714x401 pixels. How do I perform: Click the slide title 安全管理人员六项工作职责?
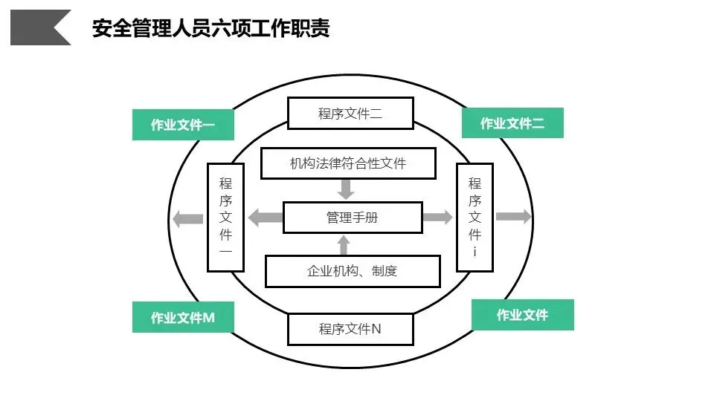[210, 28]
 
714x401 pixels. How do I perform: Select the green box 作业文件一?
[183, 125]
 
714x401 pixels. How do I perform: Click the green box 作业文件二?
[512, 123]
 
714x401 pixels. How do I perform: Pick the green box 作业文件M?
[183, 318]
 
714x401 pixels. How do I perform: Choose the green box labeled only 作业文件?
[523, 315]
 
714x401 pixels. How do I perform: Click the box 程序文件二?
[350, 114]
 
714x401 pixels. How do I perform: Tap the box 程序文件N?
[350, 328]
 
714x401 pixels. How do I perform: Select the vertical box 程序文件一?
[225, 217]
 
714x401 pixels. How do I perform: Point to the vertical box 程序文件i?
[475, 217]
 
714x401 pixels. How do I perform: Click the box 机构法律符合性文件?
[348, 163]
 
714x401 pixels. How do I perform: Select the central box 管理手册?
[353, 218]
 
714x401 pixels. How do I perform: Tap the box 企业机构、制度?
[353, 271]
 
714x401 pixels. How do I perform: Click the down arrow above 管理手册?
[345, 189]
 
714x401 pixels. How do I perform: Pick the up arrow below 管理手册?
[344, 245]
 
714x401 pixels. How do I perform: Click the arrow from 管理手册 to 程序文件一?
[265, 218]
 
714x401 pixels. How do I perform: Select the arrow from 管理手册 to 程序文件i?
[438, 218]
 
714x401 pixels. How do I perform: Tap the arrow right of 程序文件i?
[514, 217]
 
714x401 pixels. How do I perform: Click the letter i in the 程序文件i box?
[475, 252]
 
